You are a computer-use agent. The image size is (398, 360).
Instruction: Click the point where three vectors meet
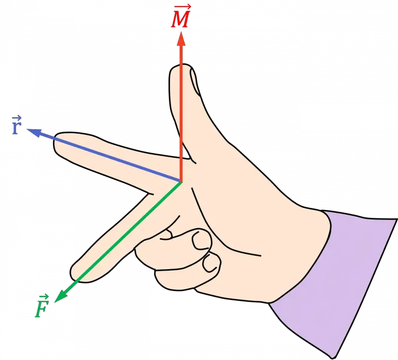point(181,182)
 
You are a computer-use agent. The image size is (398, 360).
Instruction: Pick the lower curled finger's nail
point(210,264)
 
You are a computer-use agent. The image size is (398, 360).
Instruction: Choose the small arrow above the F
point(43,297)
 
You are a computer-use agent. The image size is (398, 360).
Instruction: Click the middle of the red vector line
point(181,112)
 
